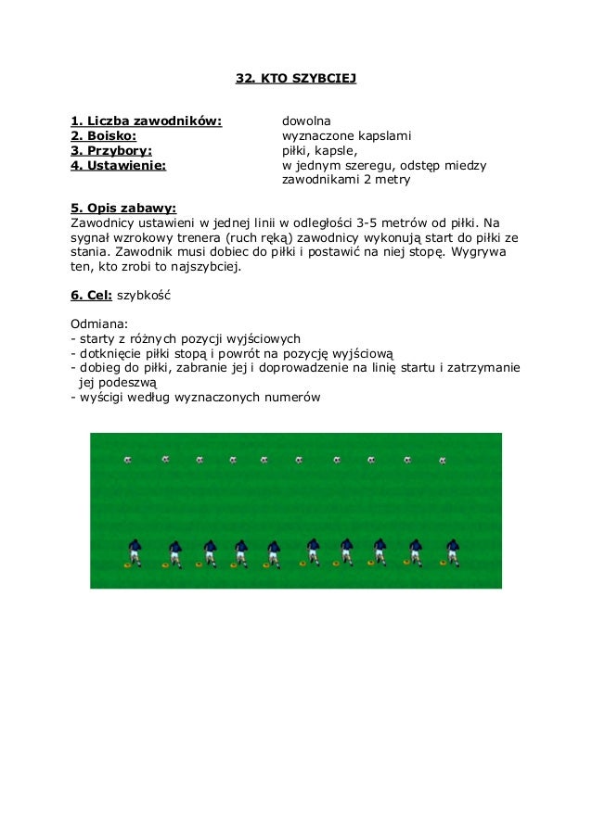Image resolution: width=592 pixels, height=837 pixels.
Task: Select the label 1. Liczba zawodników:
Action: click(x=147, y=121)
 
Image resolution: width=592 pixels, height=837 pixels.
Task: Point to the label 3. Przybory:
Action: click(x=111, y=150)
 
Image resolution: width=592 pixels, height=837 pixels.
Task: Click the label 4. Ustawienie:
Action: click(x=118, y=165)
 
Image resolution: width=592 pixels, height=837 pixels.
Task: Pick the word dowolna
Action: click(x=306, y=121)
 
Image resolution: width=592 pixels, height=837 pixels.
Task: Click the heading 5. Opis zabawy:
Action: click(x=123, y=208)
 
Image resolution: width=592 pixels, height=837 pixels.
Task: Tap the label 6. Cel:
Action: click(x=91, y=295)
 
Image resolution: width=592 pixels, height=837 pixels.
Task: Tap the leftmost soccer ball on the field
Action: click(x=128, y=460)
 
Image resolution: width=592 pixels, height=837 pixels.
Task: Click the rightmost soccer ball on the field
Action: click(x=443, y=460)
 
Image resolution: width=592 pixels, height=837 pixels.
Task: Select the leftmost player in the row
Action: click(x=135, y=551)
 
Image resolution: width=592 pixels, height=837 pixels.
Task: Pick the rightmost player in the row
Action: click(x=453, y=551)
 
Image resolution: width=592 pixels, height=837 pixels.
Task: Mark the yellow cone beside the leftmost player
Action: click(x=128, y=564)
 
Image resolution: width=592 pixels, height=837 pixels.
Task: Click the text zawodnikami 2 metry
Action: click(x=345, y=180)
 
